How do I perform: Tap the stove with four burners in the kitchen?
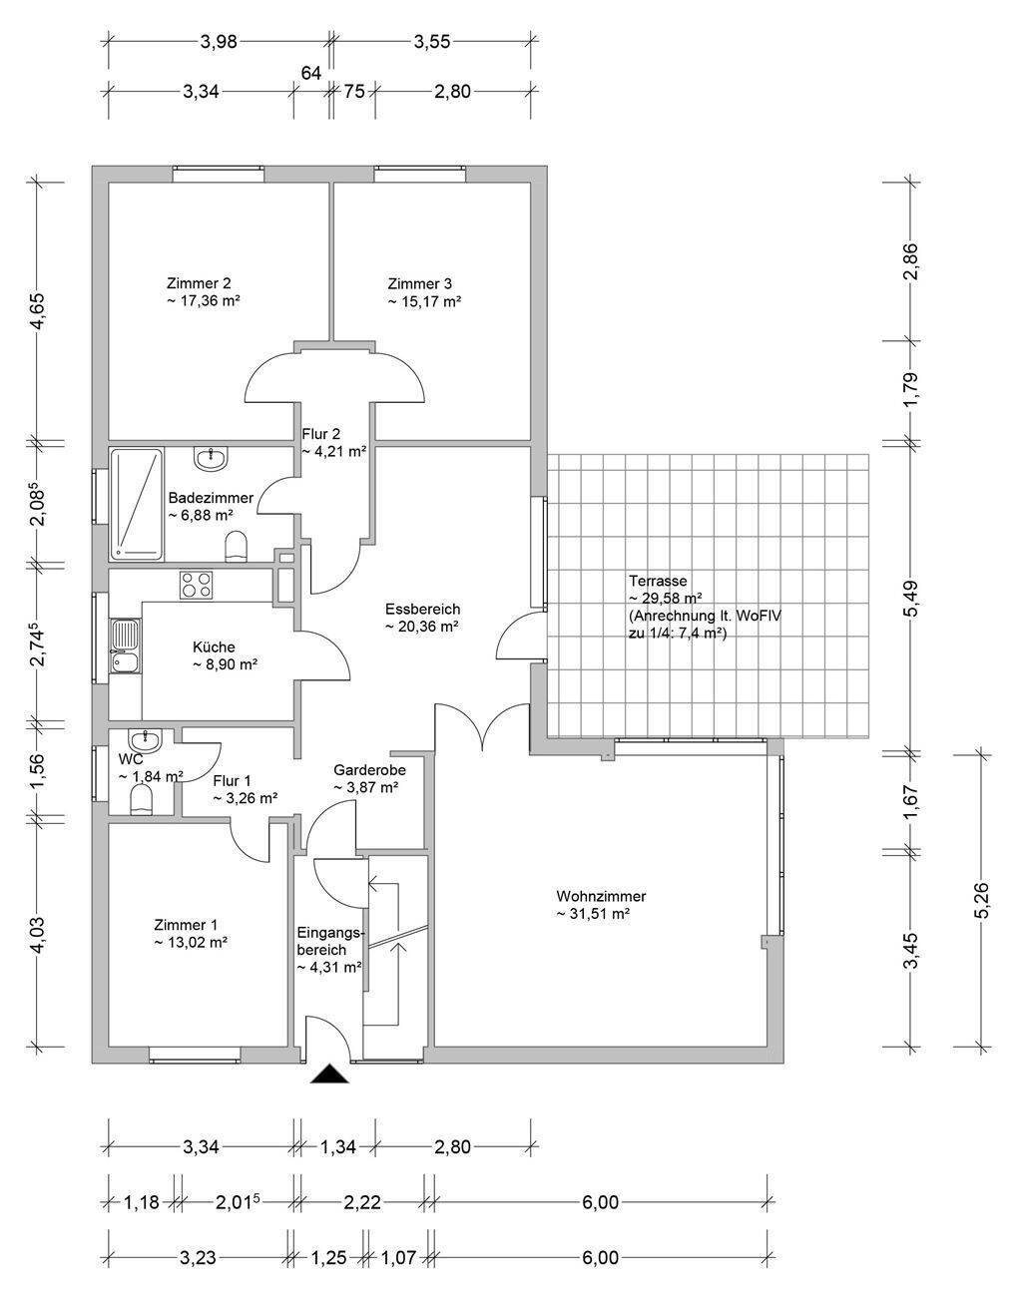click(197, 585)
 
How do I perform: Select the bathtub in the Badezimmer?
click(137, 504)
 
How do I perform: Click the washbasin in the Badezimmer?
click(212, 458)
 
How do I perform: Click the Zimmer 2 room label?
click(199, 282)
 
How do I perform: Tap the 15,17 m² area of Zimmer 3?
click(424, 301)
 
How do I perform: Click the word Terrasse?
click(658, 581)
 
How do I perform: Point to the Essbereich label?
click(422, 609)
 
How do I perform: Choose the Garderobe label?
click(369, 769)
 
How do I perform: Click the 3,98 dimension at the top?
click(219, 42)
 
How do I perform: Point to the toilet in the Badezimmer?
click(236, 546)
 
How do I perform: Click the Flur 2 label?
click(320, 433)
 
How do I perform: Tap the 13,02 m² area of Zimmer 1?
click(191, 942)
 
